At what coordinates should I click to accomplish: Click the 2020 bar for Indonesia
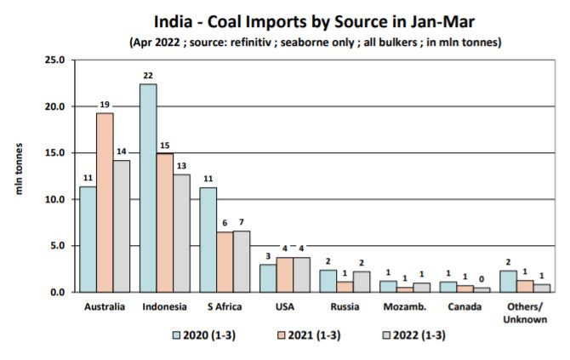tap(148, 188)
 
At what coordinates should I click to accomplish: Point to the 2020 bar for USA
tap(268, 277)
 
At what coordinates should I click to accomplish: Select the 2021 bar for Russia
tap(345, 287)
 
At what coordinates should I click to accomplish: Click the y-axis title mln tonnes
tap(20, 175)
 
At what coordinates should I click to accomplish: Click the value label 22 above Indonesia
tap(149, 76)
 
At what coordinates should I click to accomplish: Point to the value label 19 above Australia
tap(105, 105)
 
